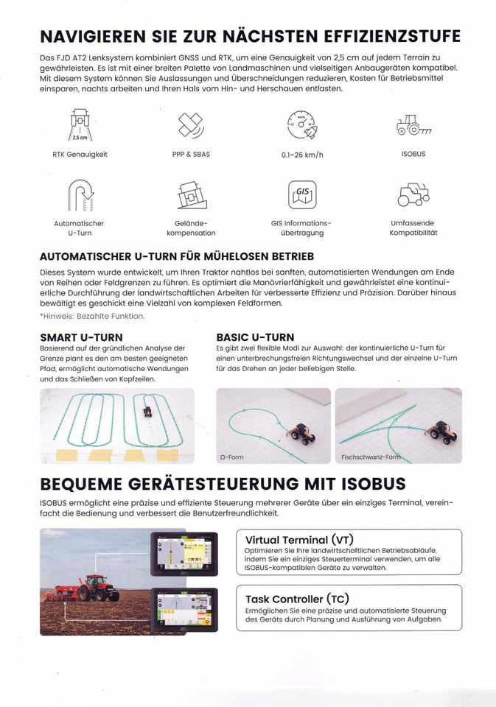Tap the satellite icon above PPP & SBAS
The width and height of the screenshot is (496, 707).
click(x=190, y=124)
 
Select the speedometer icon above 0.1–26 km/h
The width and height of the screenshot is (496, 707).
click(x=301, y=125)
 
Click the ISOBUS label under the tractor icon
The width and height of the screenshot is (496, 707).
click(x=413, y=154)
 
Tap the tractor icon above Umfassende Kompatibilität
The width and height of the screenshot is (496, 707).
click(x=413, y=194)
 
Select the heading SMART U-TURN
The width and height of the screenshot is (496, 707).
click(x=81, y=337)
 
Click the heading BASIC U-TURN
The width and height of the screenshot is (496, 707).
click(x=255, y=337)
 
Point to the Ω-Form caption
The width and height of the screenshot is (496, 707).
click(x=231, y=457)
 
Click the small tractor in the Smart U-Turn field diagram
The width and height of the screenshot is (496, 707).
click(x=147, y=412)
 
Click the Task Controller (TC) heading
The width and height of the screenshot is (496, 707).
click(x=297, y=599)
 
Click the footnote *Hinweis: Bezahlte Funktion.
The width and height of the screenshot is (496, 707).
click(x=92, y=316)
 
